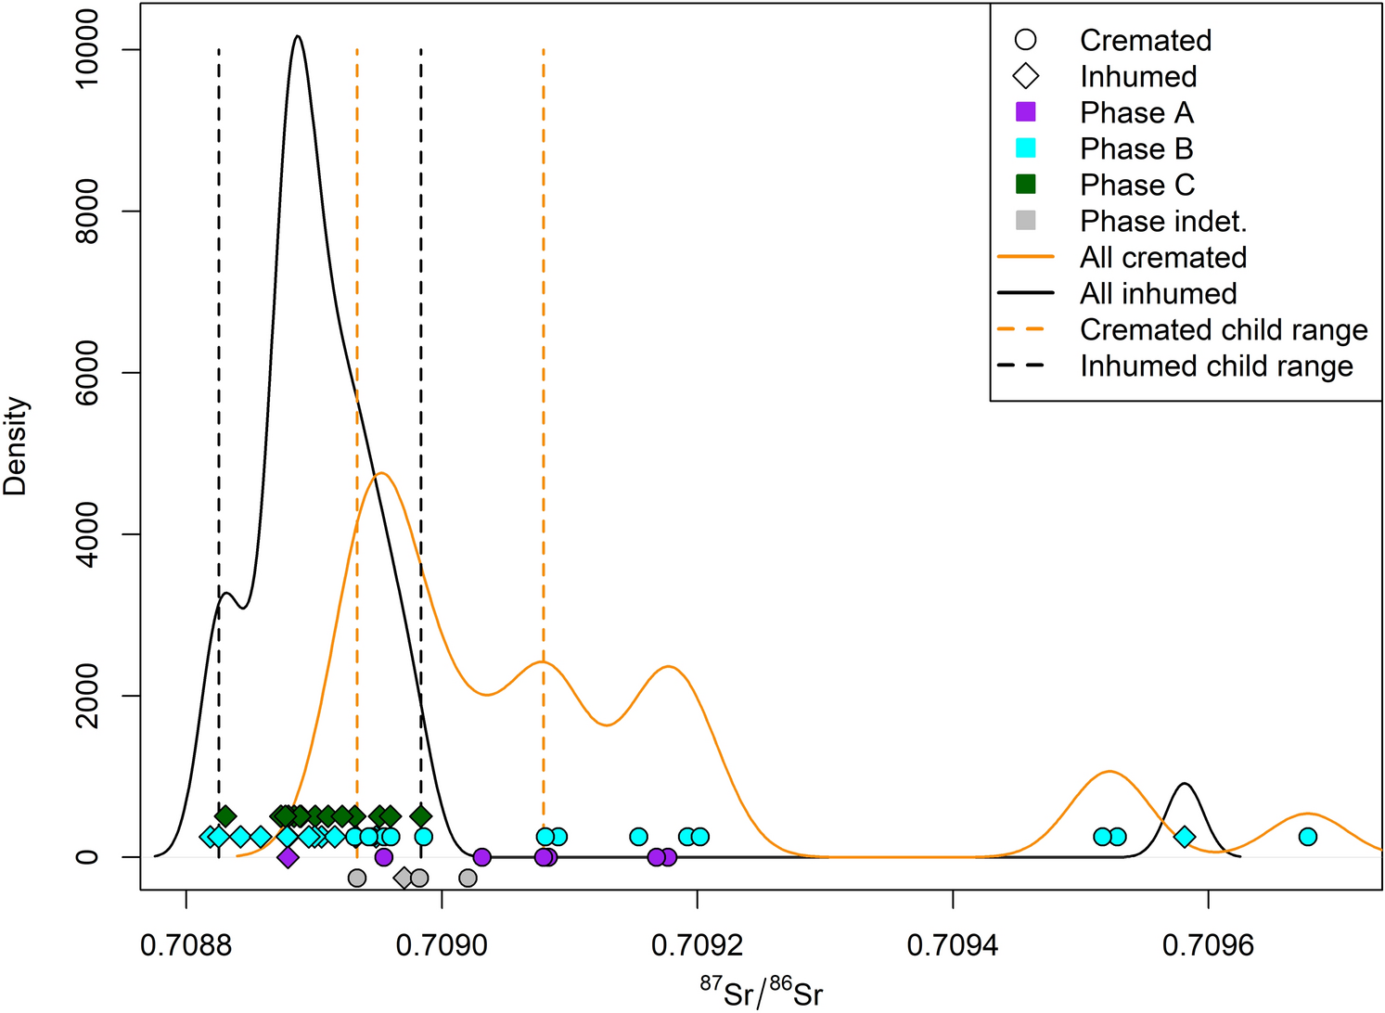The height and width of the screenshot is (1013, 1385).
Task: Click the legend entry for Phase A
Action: [x=1135, y=112]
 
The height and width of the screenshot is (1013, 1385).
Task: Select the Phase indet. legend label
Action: [x=1163, y=221]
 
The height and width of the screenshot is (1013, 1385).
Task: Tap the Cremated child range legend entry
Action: [x=1223, y=329]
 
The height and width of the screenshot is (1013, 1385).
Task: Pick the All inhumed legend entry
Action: [x=1158, y=293]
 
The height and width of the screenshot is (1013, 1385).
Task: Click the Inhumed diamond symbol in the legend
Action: [x=1026, y=76]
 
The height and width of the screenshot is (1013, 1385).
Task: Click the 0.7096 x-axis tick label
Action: [x=1208, y=945]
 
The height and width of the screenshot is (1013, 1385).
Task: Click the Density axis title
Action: [x=16, y=446]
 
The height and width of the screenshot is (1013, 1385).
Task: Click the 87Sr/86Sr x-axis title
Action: [x=761, y=993]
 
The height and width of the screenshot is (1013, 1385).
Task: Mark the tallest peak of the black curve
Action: [x=297, y=37]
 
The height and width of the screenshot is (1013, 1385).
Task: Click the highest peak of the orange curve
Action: [x=380, y=473]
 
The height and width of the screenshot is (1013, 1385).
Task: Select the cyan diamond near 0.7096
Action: [x=1184, y=837]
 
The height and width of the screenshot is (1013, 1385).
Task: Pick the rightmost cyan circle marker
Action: [x=1308, y=837]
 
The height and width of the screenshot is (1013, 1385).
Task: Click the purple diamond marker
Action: [x=288, y=857]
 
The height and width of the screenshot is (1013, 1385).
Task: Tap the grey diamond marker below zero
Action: [x=404, y=878]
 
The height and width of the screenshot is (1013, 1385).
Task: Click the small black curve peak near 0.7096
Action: [x=1185, y=784]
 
